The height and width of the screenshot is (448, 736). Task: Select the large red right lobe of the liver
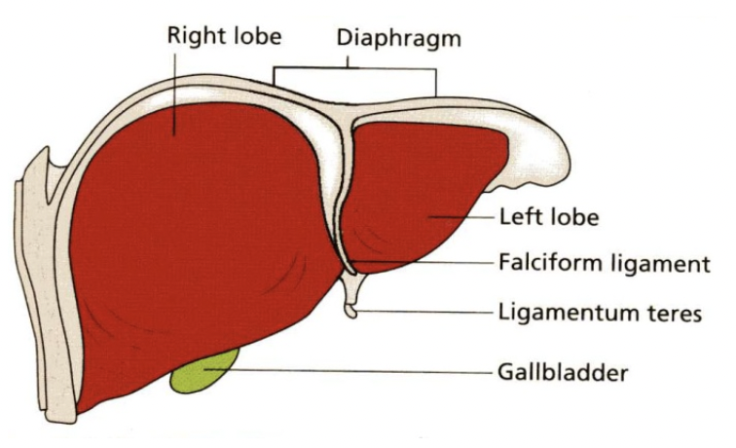point(195,243)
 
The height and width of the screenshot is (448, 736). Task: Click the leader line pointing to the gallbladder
point(360,370)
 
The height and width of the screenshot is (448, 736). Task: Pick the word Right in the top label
point(191,37)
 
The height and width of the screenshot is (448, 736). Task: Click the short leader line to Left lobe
point(467,216)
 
